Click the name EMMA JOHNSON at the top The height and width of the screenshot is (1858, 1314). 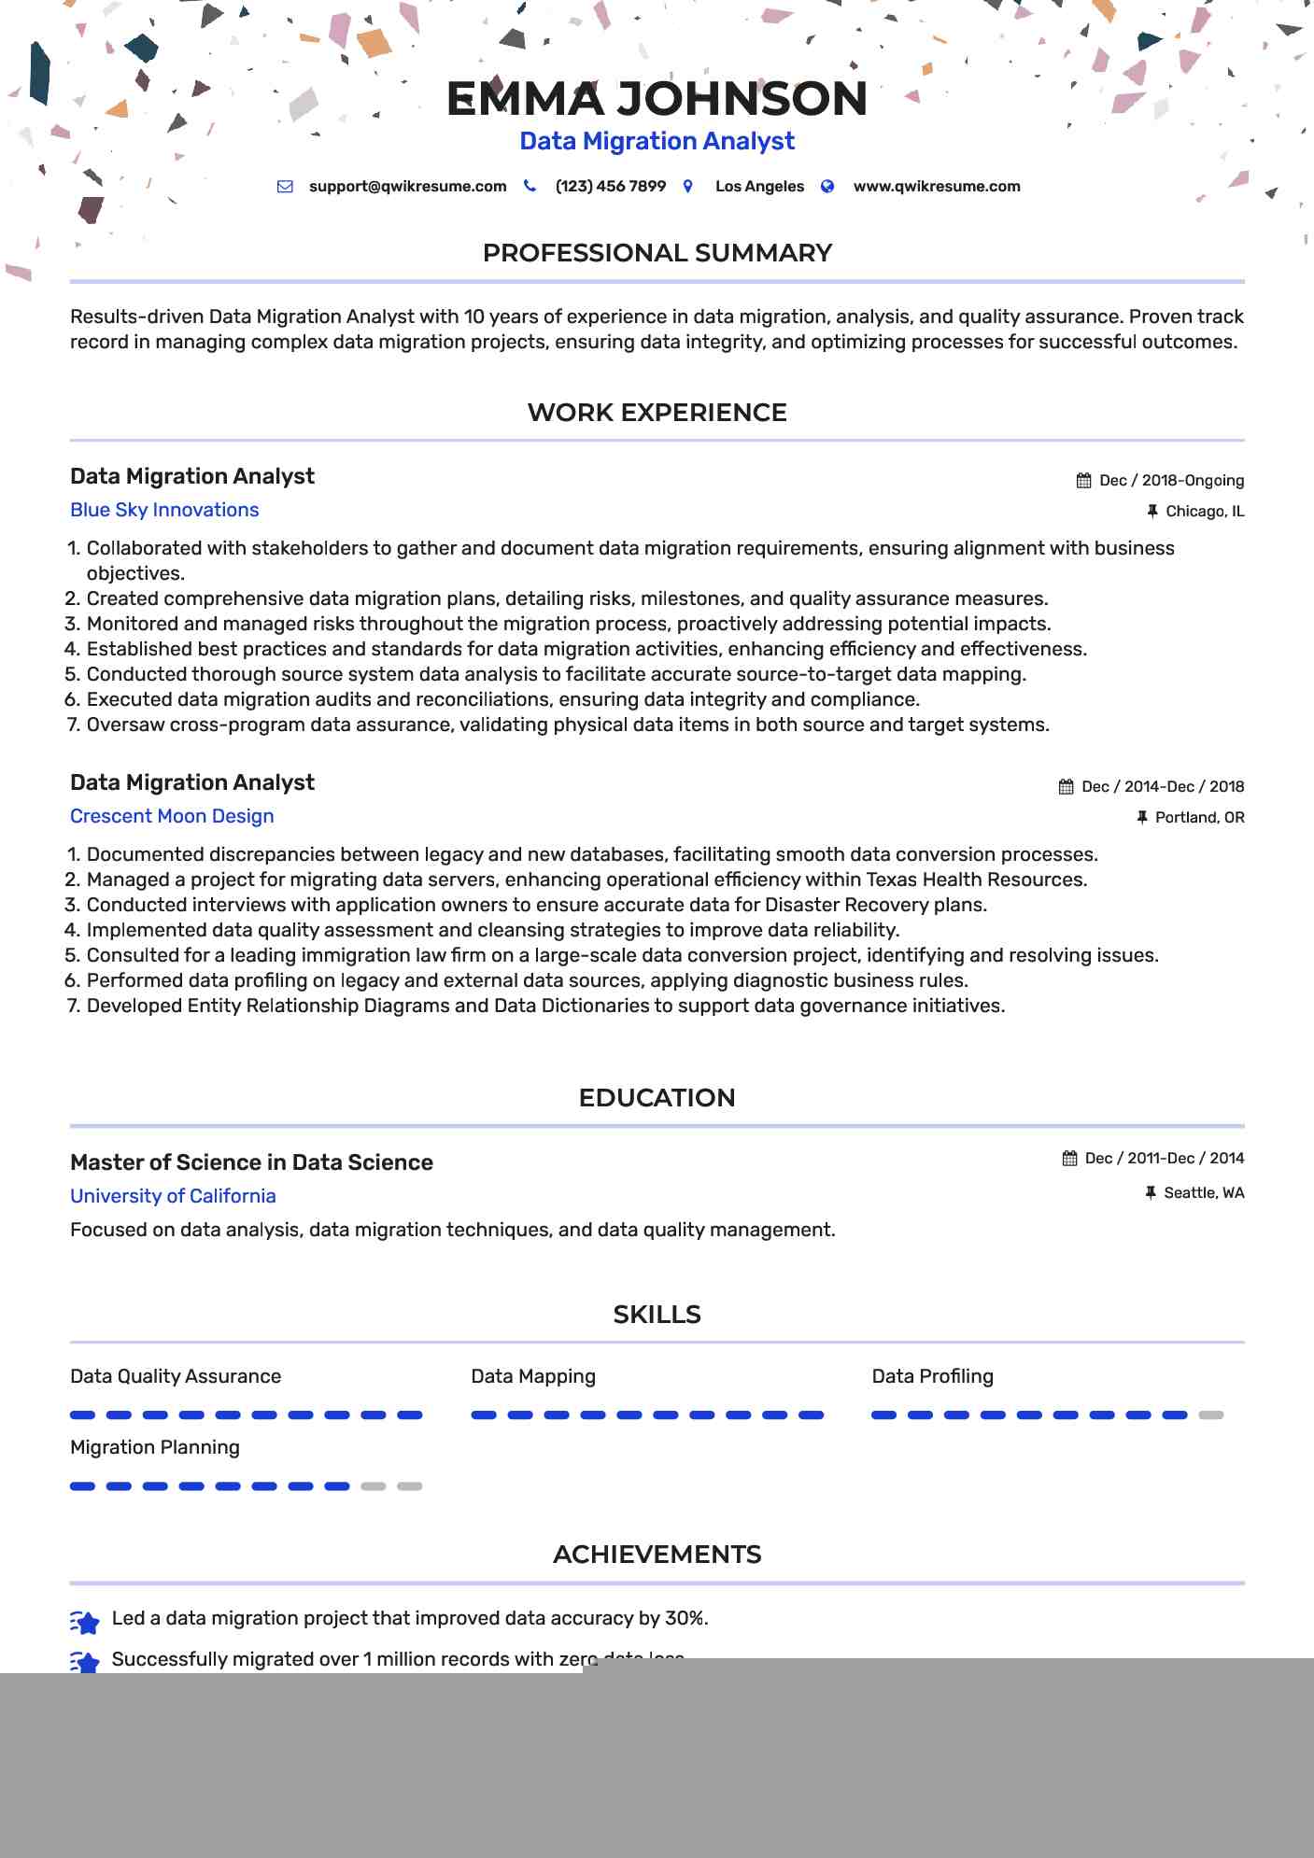[x=657, y=99]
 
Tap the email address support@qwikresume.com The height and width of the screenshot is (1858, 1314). [x=407, y=187]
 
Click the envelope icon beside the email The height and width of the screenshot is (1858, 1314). [x=285, y=187]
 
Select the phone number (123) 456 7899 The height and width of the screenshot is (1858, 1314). [x=610, y=187]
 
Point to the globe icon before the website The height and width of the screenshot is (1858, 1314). [x=827, y=187]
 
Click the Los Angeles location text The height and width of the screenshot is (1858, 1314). [x=759, y=187]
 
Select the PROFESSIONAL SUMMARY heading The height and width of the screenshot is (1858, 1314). [x=657, y=253]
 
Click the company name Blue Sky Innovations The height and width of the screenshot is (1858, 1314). [x=164, y=510]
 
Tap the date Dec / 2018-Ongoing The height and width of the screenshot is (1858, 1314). [x=1171, y=481]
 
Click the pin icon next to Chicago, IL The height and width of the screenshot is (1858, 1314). [x=1152, y=511]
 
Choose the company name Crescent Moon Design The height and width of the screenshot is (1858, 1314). [x=172, y=816]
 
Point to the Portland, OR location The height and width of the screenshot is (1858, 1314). [x=1199, y=818]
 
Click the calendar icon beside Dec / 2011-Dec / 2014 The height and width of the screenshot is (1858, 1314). [x=1070, y=1159]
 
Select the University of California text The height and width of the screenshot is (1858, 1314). [x=173, y=1196]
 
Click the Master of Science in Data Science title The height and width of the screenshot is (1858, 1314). [x=251, y=1162]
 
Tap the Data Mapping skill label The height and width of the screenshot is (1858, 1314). [x=533, y=1376]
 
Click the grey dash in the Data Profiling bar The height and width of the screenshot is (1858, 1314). [x=1210, y=1415]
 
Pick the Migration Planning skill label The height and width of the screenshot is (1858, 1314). [x=155, y=1447]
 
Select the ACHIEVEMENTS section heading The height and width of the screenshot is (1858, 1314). [x=657, y=1555]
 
